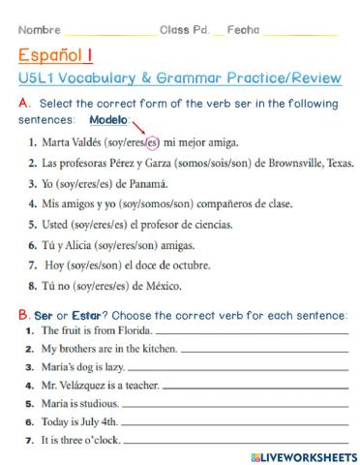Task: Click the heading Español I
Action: click(x=55, y=56)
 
